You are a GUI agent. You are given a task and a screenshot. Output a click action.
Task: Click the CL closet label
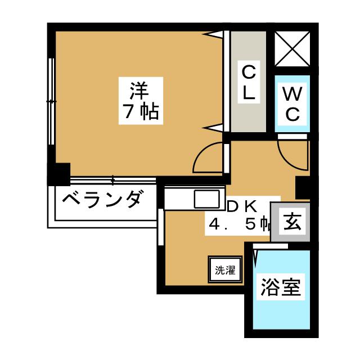[x=249, y=83]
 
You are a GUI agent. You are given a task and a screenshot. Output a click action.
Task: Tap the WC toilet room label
[x=292, y=103]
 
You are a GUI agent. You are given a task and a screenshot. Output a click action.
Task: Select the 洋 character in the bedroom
[x=140, y=89]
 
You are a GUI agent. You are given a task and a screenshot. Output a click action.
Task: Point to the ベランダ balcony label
[x=100, y=199]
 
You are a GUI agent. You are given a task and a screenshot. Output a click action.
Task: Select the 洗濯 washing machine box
[x=224, y=269]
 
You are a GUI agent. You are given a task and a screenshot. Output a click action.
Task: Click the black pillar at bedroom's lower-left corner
[x=58, y=173]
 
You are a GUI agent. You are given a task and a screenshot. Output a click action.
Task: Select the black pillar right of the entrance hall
[x=303, y=187]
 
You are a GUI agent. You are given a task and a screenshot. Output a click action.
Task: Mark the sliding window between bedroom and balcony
[x=112, y=181]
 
